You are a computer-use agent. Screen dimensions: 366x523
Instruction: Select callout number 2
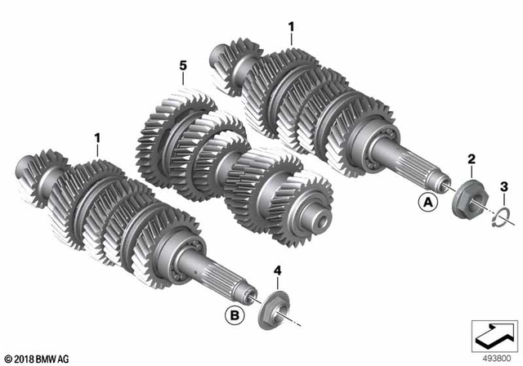click(x=471, y=157)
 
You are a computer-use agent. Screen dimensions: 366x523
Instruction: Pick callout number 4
click(x=278, y=269)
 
